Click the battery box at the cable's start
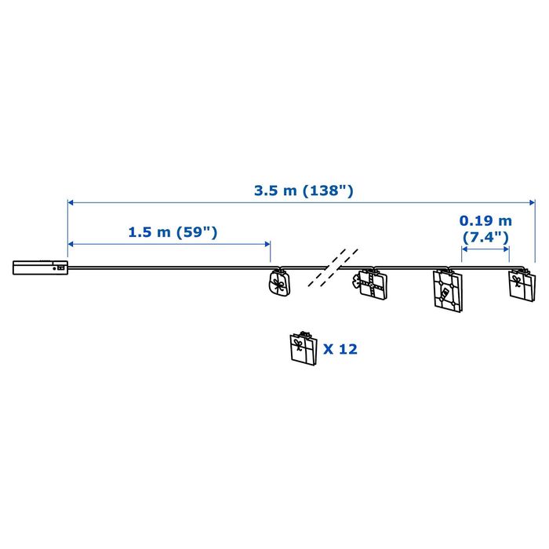pyautogui.click(x=40, y=267)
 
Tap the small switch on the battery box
pyautogui.click(x=61, y=268)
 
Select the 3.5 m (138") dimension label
pyautogui.click(x=304, y=191)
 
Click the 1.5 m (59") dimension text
pyautogui.click(x=173, y=232)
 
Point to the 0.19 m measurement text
pyautogui.click(x=485, y=221)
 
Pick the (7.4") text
pyautogui.click(x=485, y=238)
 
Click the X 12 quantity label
pyautogui.click(x=340, y=349)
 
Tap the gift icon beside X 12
pyautogui.click(x=304, y=348)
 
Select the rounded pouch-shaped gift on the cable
pyautogui.click(x=280, y=282)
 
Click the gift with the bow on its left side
pyautogui.click(x=370, y=284)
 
